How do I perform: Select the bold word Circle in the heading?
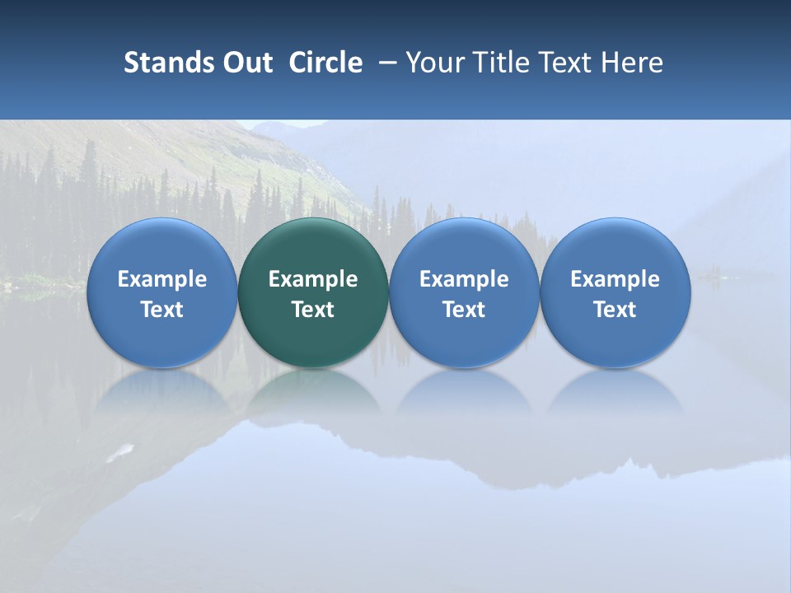point(325,63)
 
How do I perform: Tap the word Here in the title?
point(632,63)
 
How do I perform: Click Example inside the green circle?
point(313,279)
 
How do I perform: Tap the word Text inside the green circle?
point(313,310)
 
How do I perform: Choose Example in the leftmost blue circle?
point(161,279)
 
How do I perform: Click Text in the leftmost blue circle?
point(161,310)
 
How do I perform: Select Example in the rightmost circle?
point(615,279)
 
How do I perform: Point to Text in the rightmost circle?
point(615,310)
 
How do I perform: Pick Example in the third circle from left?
point(464,279)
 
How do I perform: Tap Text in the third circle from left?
point(464,310)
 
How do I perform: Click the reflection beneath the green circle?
point(313,391)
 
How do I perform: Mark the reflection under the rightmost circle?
point(615,391)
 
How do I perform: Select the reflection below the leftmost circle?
point(161,391)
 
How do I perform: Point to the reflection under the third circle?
point(464,391)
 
